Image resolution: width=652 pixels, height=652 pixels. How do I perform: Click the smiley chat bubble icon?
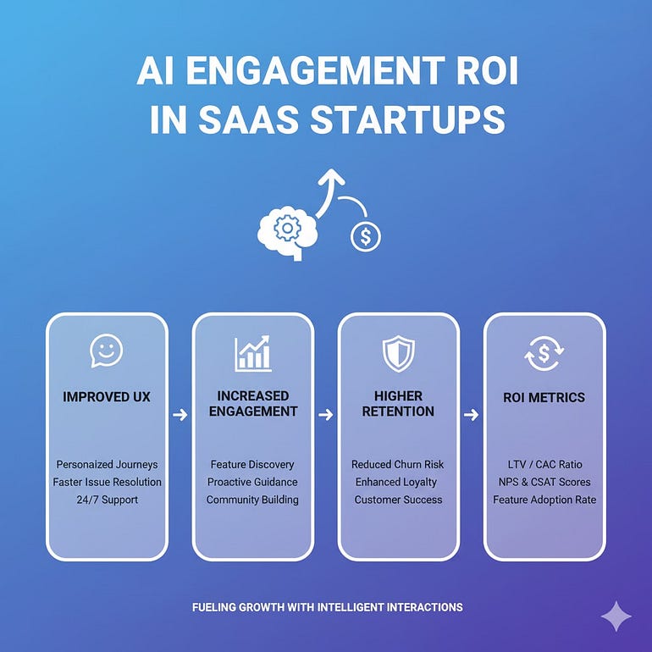pos(107,351)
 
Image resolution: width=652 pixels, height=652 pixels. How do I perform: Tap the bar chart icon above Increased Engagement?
pos(253,353)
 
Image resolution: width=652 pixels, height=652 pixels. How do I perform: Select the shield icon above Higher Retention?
pos(398,353)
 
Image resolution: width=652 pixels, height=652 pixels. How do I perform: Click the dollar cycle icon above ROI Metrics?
pos(544,354)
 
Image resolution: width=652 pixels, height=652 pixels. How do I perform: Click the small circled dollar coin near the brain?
pos(366,237)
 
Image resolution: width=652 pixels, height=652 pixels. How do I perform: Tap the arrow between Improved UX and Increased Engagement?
pos(180,415)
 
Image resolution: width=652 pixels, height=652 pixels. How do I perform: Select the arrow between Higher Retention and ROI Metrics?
pos(471,415)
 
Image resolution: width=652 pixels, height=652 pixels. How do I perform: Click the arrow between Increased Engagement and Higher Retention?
pos(326,415)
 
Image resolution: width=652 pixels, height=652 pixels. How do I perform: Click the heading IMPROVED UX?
pos(107,397)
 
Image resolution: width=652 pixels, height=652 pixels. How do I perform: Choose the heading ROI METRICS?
pos(544,397)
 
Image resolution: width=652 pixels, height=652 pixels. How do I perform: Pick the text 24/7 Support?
pos(107,500)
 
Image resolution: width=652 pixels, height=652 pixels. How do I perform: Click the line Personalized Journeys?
pos(107,465)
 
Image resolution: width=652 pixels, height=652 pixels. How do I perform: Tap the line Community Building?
pos(252,500)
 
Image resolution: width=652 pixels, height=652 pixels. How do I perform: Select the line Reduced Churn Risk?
pos(397,465)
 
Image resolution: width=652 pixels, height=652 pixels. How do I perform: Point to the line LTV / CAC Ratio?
pos(544,465)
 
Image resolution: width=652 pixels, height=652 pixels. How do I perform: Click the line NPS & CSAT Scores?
pos(544,482)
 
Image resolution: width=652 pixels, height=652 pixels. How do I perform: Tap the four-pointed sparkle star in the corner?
pos(616,616)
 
